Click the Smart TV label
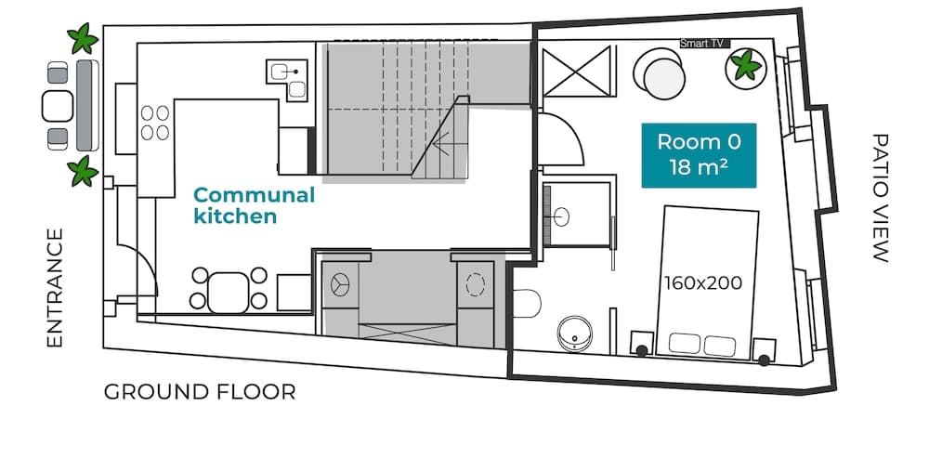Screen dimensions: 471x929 point(702,44)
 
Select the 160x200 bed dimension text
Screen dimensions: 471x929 point(703,282)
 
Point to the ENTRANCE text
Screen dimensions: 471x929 point(55,288)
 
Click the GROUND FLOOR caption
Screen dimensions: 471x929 point(200,392)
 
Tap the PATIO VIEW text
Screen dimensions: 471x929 point(880,198)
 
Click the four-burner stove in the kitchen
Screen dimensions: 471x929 point(155,123)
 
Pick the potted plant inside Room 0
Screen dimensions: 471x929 point(745,66)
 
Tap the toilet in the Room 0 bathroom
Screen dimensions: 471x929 point(528,304)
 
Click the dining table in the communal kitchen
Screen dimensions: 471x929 point(229,290)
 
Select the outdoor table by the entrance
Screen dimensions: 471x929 point(58,105)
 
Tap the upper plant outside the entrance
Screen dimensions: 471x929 point(83,39)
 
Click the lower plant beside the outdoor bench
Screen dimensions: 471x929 point(83,171)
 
